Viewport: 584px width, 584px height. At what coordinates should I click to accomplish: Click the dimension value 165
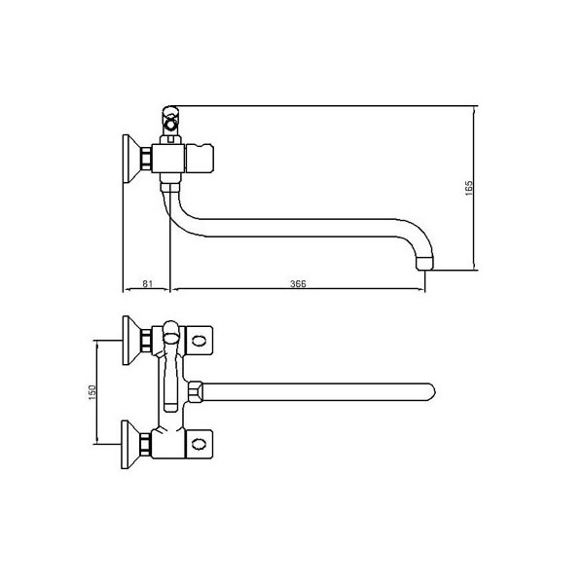pos(469,188)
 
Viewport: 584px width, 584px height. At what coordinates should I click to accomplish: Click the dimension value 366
pos(298,284)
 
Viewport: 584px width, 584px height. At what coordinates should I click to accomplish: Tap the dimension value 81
pos(148,283)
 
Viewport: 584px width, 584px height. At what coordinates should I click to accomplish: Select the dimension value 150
pos(92,392)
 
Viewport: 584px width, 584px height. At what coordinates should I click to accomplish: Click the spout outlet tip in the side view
pos(425,263)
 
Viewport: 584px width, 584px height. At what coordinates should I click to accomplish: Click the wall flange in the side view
pos(129,159)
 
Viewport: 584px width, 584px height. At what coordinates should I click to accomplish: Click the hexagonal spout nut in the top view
pos(196,392)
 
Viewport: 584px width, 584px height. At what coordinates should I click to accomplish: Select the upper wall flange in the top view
pos(130,341)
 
